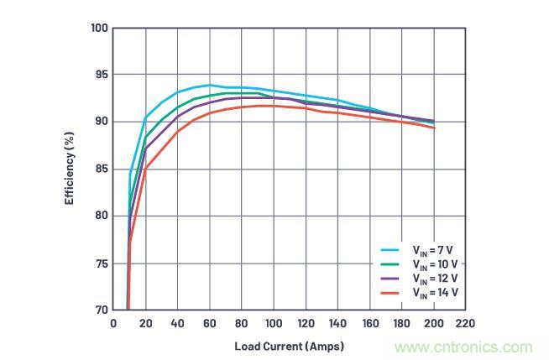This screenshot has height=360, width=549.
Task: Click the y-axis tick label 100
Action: [99, 29]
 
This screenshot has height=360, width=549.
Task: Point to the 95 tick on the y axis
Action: [102, 75]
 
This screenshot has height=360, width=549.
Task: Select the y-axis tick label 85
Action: [102, 169]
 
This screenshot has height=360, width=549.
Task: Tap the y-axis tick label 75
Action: [102, 263]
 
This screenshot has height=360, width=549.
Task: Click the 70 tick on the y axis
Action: [102, 310]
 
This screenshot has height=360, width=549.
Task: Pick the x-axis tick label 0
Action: [114, 323]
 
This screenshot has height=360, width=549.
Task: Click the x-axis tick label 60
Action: [210, 323]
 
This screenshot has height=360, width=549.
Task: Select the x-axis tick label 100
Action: [274, 323]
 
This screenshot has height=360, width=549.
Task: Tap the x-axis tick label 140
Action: [337, 323]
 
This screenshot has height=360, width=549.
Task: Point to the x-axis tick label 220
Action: [465, 323]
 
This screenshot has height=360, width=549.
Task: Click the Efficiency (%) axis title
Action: [71, 169]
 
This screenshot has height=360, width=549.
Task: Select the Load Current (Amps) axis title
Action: [290, 345]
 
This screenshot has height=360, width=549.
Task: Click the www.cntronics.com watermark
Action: [463, 347]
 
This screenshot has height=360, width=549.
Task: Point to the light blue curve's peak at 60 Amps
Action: [210, 85]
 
